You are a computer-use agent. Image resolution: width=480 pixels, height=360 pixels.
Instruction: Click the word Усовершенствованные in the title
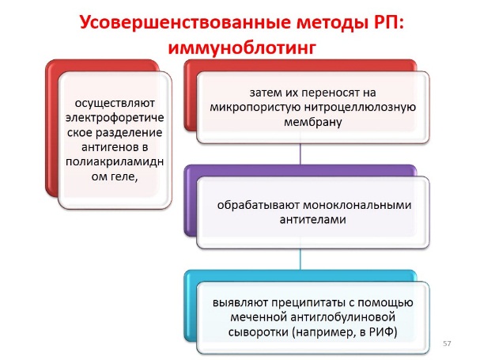click(185, 23)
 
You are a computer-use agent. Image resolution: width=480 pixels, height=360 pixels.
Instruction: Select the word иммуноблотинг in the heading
click(242, 47)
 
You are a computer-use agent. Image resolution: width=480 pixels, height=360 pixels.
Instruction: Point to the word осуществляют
click(115, 103)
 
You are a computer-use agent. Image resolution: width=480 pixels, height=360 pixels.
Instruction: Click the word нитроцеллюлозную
click(361, 108)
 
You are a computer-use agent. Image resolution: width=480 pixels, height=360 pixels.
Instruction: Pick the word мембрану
click(313, 122)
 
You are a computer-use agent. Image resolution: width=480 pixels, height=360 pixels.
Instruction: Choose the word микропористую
click(255, 108)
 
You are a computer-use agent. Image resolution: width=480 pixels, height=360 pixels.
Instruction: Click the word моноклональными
click(357, 205)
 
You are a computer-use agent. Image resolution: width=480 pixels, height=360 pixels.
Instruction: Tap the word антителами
click(313, 219)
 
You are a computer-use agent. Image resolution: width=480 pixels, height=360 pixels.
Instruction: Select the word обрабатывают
click(259, 205)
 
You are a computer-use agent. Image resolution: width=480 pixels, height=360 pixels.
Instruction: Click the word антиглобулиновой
click(343, 316)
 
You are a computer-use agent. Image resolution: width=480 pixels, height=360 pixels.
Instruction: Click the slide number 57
click(447, 343)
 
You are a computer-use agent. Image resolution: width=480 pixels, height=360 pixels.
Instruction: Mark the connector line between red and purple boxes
click(300, 153)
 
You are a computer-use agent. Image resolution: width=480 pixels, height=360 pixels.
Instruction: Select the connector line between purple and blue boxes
click(300, 260)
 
